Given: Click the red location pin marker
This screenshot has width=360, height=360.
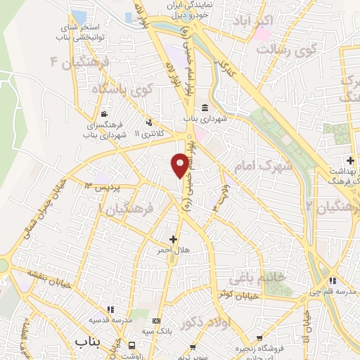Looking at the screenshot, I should (x=180, y=165).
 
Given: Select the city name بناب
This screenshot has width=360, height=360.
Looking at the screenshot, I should (x=89, y=341).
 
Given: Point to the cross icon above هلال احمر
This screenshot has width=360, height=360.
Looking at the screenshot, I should (x=174, y=239).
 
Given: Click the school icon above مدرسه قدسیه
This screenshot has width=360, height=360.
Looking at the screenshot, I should (x=109, y=309).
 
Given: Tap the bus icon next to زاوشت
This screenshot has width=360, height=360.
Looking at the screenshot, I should (x=133, y=345).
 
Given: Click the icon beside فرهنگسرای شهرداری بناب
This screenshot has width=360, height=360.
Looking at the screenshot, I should (x=105, y=115).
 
